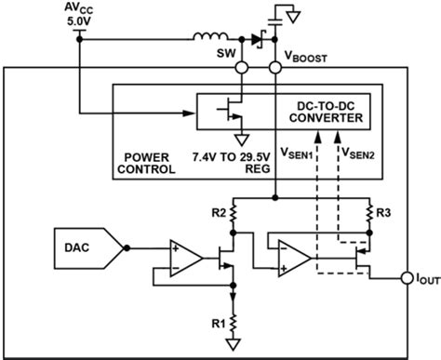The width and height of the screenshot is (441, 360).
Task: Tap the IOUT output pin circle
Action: (x=407, y=278)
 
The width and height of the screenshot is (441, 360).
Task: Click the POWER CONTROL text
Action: (x=151, y=164)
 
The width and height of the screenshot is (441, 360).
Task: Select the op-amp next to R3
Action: (x=293, y=258)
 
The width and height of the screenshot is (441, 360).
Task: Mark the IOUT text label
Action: (x=425, y=278)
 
